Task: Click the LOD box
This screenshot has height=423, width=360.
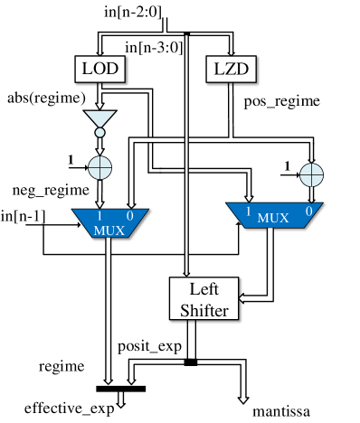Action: [x=99, y=69]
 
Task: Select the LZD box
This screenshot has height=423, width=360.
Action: [x=232, y=69]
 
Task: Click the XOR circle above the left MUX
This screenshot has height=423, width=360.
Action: [x=99, y=167]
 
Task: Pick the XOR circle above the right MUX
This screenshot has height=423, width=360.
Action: [x=311, y=174]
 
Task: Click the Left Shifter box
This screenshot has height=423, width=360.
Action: [x=204, y=299]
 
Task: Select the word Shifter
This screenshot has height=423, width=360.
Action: [x=204, y=309]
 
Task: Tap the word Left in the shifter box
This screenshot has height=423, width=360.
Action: [x=204, y=290]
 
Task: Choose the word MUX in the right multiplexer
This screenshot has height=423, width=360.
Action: [x=273, y=218]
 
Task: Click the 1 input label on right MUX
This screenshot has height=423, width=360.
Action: [x=246, y=211]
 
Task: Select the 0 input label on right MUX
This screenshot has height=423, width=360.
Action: [x=308, y=211]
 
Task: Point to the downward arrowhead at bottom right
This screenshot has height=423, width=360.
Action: [x=243, y=397]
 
